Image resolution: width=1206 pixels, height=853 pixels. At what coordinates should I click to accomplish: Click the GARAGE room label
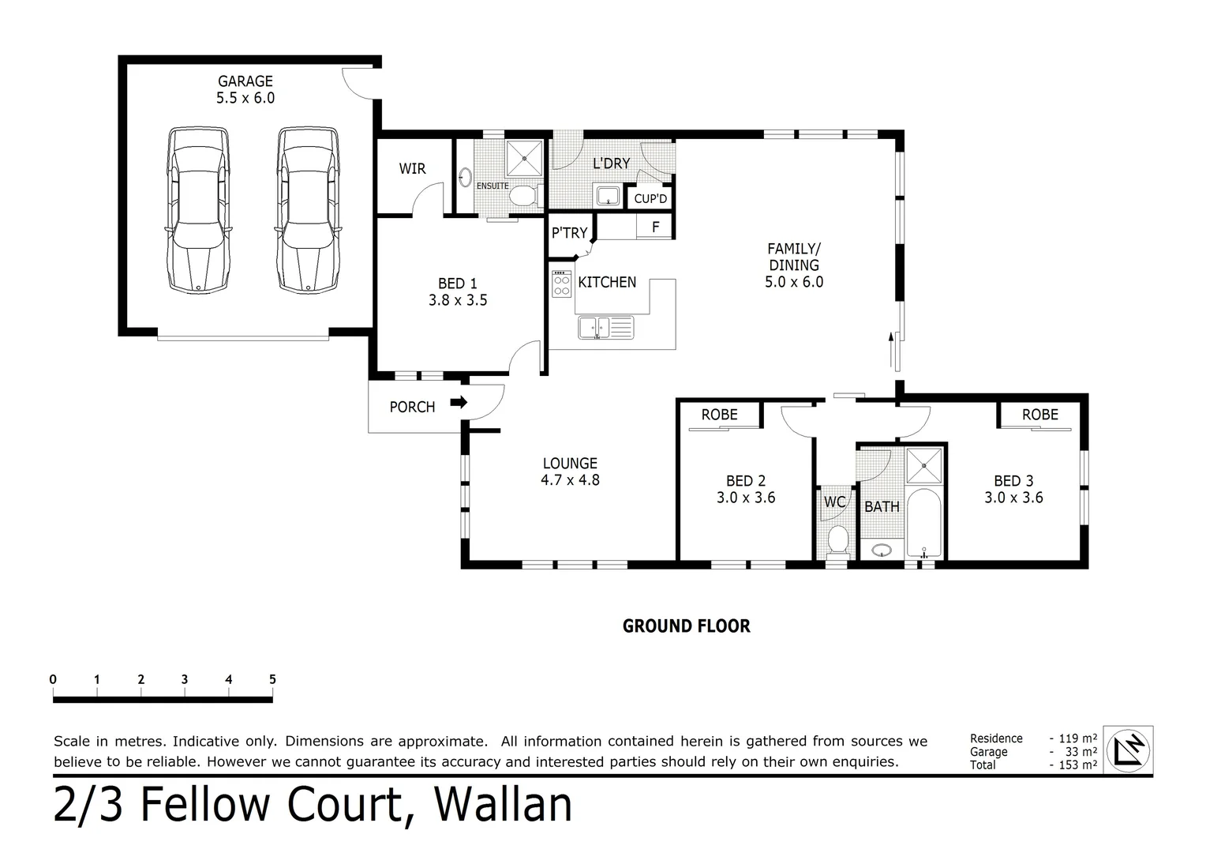click(x=245, y=81)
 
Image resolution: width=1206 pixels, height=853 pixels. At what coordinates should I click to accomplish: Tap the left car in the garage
click(x=198, y=210)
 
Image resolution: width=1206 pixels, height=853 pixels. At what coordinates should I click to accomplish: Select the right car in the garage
click(x=308, y=210)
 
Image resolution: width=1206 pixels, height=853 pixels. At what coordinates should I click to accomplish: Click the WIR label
click(x=413, y=169)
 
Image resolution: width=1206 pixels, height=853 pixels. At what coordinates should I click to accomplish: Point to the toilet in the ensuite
click(x=523, y=196)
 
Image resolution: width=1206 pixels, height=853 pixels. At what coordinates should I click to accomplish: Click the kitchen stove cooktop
click(x=561, y=284)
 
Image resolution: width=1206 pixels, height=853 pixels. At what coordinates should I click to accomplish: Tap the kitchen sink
click(x=605, y=328)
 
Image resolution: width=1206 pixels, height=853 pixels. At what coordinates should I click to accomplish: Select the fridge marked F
click(x=655, y=227)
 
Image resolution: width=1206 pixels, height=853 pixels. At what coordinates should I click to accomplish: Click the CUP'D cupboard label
click(x=650, y=199)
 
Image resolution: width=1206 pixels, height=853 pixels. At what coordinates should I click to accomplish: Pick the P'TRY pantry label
click(x=569, y=233)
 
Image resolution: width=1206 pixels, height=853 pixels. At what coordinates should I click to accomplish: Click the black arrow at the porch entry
click(x=459, y=402)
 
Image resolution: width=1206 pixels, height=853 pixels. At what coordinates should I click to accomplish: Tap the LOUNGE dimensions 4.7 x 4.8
click(x=570, y=480)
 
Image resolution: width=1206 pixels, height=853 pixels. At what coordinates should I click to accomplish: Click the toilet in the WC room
click(x=837, y=539)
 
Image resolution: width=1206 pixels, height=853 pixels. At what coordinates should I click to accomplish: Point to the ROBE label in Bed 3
click(x=1040, y=415)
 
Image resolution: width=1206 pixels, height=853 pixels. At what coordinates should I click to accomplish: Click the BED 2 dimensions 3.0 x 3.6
click(x=746, y=498)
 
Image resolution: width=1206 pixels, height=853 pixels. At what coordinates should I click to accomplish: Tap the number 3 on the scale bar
click(x=185, y=679)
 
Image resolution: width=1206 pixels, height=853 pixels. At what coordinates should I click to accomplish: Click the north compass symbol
click(x=1128, y=750)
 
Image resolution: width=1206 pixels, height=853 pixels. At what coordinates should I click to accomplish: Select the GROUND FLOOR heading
click(x=687, y=626)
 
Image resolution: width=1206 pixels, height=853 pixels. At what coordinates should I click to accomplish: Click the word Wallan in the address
click(x=503, y=805)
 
